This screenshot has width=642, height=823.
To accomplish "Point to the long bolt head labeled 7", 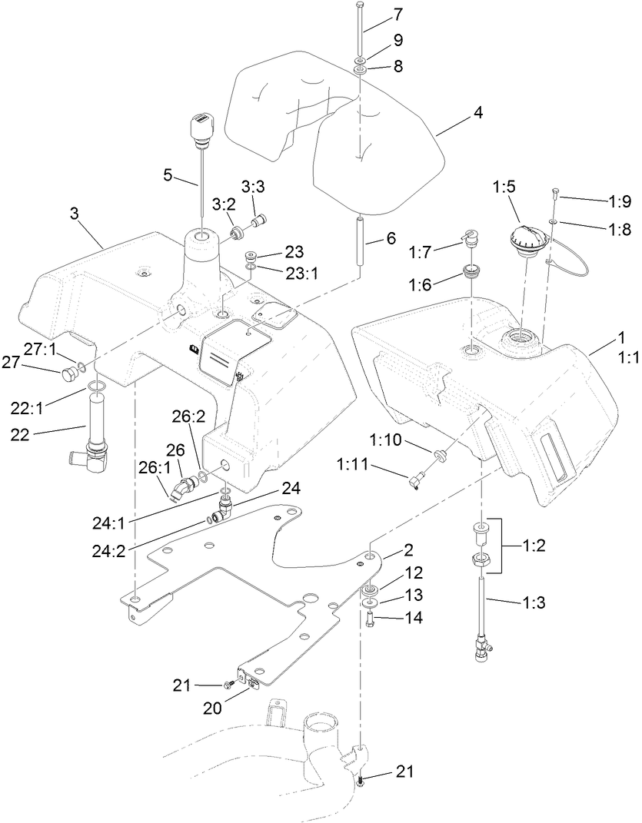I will tap(361, 6).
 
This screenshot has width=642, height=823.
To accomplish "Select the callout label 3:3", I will tap(254, 187).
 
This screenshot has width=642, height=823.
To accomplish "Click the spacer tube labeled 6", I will tap(360, 241).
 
